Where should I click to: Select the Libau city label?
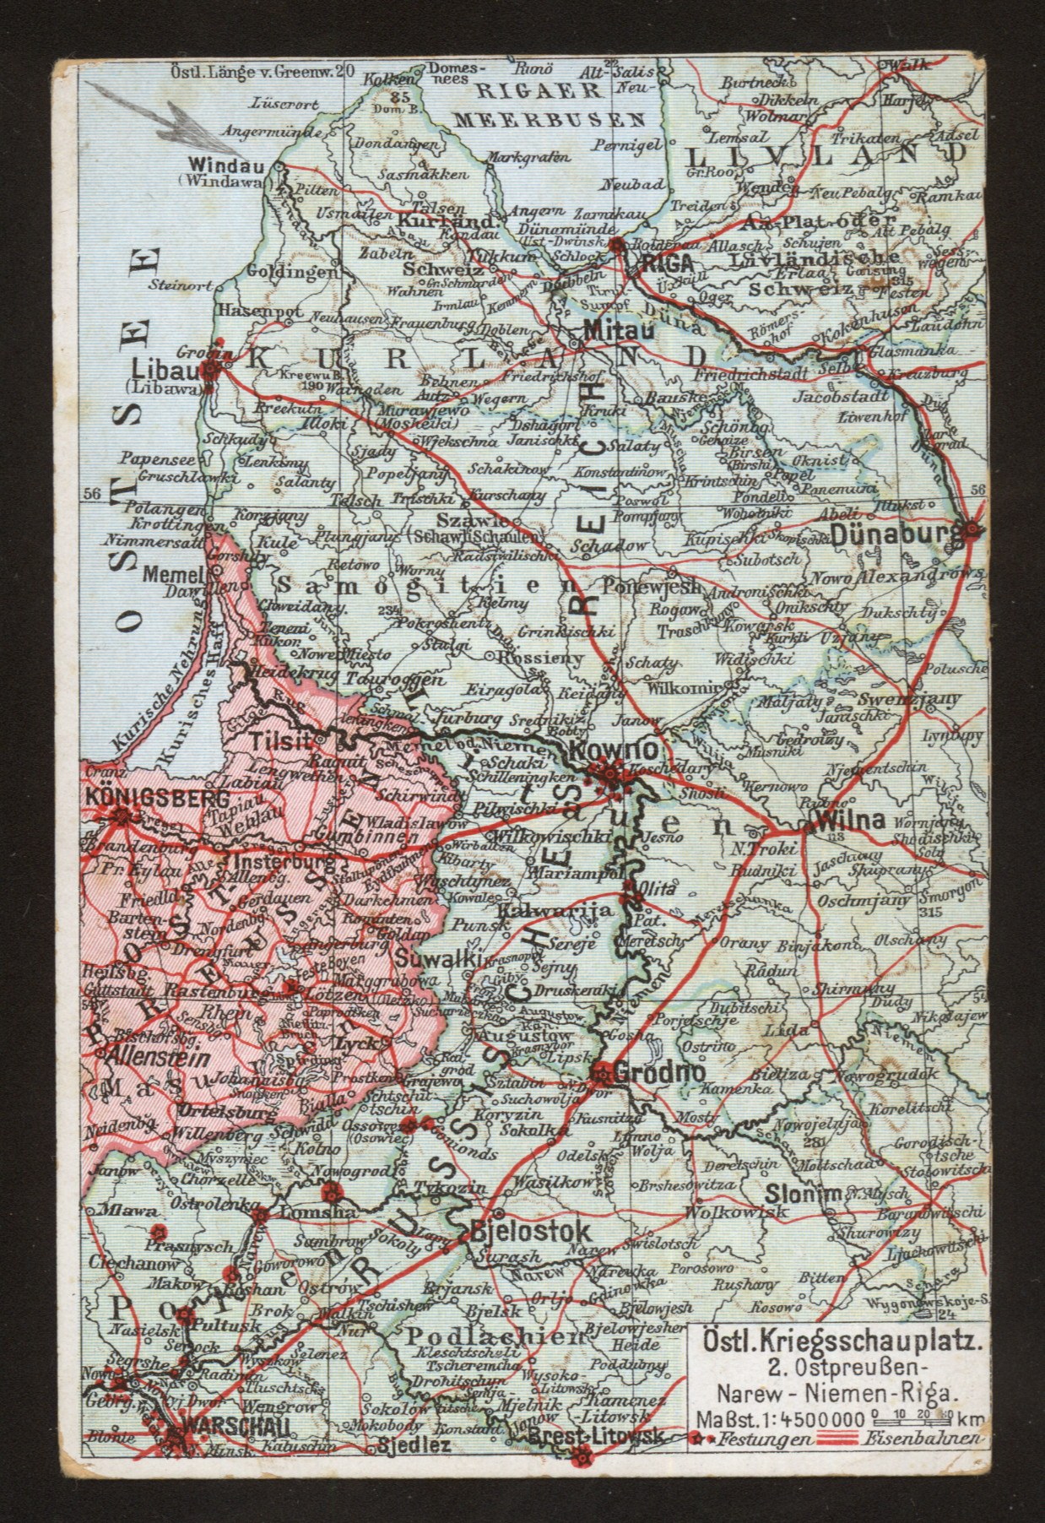pyautogui.click(x=171, y=371)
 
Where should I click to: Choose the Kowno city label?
pyautogui.click(x=602, y=749)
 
